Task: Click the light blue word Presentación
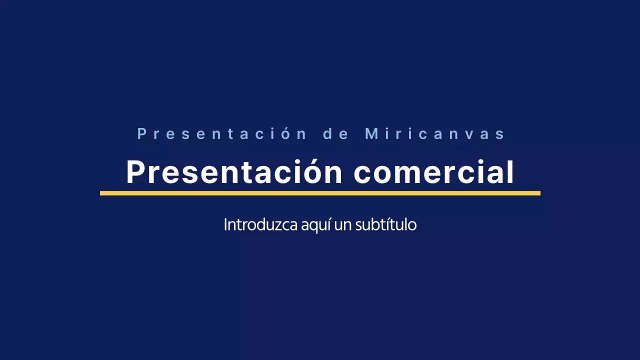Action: [221, 134]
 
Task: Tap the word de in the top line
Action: [336, 134]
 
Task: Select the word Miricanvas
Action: [435, 134]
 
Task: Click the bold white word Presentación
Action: [234, 172]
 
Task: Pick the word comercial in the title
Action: [434, 172]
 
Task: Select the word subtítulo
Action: [385, 225]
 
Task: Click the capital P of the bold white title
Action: [135, 172]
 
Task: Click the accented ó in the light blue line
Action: [284, 134]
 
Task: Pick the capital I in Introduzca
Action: [225, 225]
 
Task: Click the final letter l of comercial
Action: [510, 172]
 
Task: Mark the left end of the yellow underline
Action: [101, 193]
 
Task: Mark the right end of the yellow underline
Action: [539, 193]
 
